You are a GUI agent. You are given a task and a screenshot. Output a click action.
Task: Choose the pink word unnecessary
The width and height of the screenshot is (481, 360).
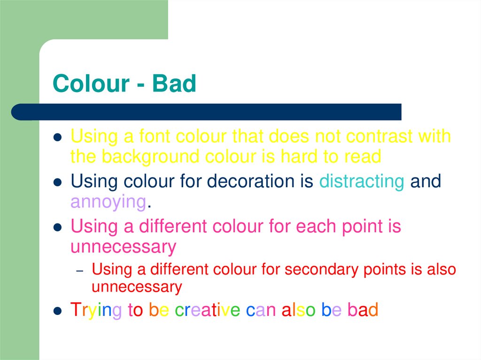pos(123,247)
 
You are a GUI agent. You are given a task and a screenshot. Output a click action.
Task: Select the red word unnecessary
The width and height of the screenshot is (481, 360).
pos(137,287)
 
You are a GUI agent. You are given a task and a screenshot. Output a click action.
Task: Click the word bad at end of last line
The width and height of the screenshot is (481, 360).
pos(363,310)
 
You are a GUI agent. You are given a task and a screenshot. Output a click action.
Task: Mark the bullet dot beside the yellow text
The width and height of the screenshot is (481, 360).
pos(57,138)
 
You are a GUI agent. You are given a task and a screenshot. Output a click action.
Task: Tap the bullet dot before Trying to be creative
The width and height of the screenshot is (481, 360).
pos(57,311)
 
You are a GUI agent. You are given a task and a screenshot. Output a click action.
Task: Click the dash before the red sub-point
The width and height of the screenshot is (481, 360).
pos(80,271)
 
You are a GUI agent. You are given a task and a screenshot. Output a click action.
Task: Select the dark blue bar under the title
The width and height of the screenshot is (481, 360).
pos(207,112)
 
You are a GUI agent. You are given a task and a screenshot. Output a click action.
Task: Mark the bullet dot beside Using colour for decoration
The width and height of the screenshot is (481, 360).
pos(57,182)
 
